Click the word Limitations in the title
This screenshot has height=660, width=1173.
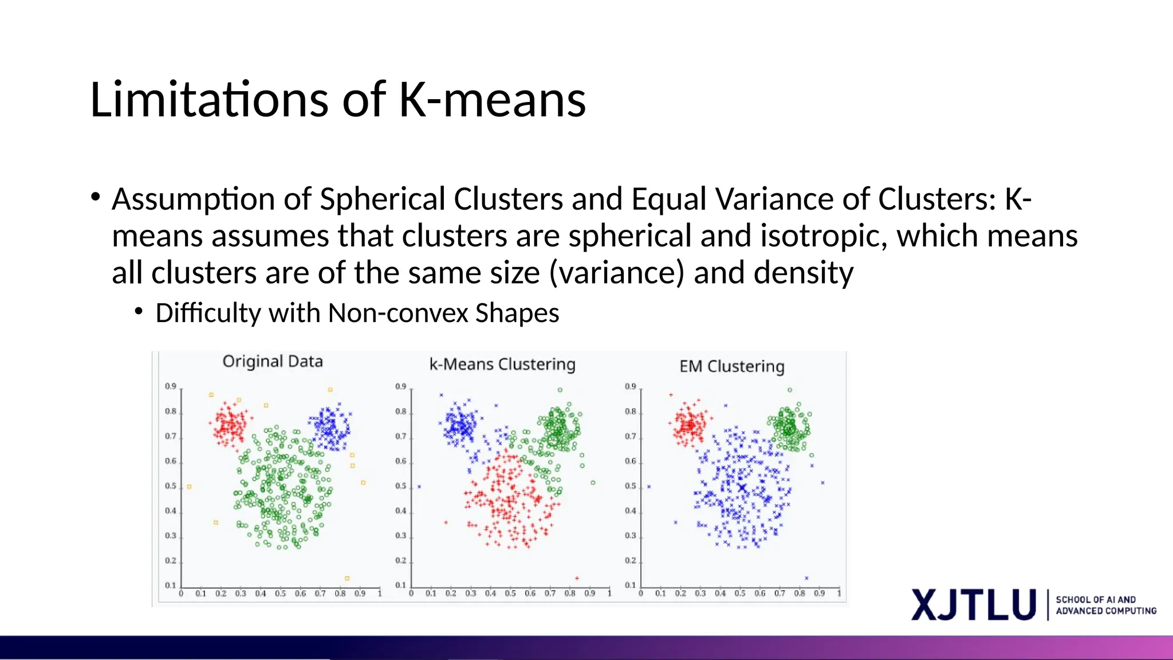click(x=210, y=100)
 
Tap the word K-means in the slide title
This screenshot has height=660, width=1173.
click(x=492, y=100)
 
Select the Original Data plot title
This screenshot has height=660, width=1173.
click(x=273, y=362)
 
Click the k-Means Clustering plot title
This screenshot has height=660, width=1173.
click(x=502, y=364)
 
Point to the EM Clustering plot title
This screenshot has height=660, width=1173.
click(x=731, y=367)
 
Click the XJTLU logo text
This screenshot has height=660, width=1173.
click(x=974, y=605)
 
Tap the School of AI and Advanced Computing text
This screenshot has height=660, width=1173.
click(x=1105, y=605)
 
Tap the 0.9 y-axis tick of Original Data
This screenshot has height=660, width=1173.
click(x=171, y=387)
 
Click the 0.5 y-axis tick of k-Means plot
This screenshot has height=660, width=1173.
click(x=400, y=486)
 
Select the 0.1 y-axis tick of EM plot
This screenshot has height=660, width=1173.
click(x=630, y=586)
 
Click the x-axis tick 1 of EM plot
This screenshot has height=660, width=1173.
click(x=839, y=594)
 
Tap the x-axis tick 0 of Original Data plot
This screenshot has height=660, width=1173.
click(x=181, y=594)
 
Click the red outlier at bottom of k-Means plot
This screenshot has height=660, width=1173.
click(x=577, y=578)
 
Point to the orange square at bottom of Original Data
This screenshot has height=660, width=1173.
click(x=347, y=579)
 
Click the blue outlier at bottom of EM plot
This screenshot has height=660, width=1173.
click(x=806, y=578)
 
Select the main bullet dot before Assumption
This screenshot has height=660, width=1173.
click(x=96, y=198)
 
